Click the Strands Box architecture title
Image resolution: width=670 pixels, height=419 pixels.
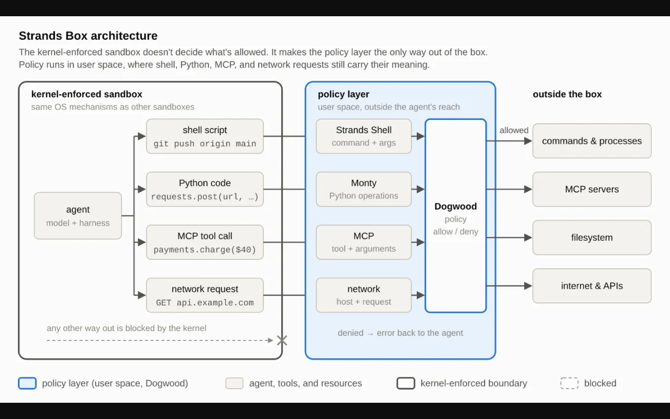88,36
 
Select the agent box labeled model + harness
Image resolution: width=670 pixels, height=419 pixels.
78,216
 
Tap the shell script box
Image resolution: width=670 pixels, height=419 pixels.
205,137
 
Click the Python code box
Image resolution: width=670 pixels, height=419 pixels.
205,190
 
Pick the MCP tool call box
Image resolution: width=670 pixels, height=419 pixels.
205,242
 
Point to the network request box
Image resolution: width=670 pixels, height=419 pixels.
205,295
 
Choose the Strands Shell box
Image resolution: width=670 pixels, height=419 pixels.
364,137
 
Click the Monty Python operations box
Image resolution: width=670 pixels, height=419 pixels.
364,190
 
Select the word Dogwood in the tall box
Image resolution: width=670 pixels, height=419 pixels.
455,206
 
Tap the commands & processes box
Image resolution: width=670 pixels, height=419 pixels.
592,141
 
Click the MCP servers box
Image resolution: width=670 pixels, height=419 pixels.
592,190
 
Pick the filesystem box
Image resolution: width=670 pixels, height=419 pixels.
592,238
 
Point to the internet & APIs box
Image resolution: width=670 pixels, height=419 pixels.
592,286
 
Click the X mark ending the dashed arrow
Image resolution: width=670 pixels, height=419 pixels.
282,340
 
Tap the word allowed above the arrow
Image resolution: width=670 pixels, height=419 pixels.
514,130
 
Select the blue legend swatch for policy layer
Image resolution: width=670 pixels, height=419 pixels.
27,383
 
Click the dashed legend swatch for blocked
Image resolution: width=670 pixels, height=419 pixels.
569,383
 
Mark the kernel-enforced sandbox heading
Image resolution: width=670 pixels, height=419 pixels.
87,94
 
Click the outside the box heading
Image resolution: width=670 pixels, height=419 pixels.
567,94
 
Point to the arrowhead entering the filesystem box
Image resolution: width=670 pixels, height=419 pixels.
528,238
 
